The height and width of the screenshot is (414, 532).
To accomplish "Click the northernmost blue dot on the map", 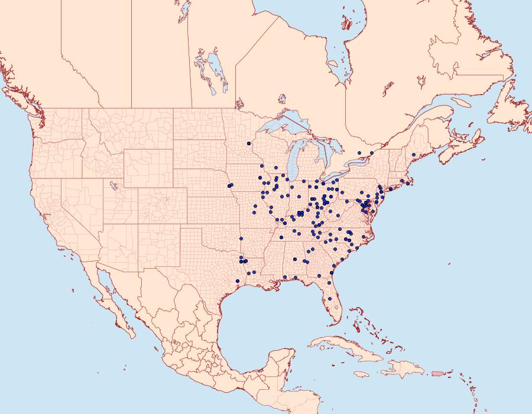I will pos(249,144).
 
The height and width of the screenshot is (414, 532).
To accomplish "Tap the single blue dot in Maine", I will pos(414,155).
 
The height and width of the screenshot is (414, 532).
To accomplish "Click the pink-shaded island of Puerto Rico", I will pos(437,373).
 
